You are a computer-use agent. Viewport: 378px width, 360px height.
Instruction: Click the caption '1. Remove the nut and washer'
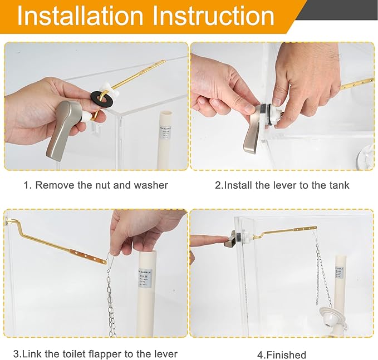point(95,185)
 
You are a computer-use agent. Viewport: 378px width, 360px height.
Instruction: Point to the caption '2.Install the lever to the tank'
point(282,185)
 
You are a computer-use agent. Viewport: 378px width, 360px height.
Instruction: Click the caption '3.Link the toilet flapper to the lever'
point(95,354)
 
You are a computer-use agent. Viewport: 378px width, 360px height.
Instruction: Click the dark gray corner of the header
point(345,8)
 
